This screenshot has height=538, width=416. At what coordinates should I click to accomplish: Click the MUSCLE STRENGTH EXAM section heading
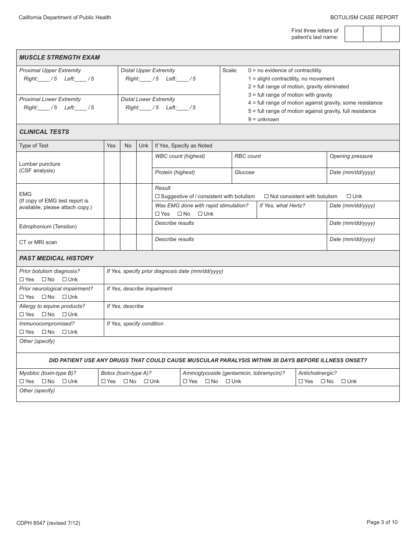click(60, 57)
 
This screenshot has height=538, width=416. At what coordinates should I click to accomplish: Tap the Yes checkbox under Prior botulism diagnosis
click(22, 279)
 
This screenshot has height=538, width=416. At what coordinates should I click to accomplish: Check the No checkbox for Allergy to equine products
click(44, 314)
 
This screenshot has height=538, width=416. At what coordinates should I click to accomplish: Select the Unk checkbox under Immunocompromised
click(64, 332)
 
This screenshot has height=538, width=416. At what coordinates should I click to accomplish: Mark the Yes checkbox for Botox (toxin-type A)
click(103, 381)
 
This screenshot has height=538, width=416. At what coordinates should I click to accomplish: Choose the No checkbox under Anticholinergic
click(323, 381)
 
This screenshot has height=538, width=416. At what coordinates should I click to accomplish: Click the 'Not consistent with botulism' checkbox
click(266, 196)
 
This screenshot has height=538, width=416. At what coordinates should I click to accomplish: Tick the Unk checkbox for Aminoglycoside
click(228, 381)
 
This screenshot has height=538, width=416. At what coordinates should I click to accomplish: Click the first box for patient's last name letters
click(354, 34)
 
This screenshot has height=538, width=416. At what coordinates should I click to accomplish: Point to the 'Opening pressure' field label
click(351, 156)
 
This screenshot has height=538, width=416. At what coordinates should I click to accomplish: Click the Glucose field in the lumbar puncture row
click(279, 175)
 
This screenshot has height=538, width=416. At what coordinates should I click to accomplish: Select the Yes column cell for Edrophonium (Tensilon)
click(112, 226)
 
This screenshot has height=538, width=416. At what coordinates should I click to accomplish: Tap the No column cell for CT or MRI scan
click(128, 242)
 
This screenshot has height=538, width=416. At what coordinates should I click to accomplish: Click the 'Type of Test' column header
click(34, 146)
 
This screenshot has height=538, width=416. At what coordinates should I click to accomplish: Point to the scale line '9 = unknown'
click(263, 119)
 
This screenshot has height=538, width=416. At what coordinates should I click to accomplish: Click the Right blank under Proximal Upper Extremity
click(43, 79)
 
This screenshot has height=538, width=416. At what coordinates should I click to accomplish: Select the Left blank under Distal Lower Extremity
click(182, 108)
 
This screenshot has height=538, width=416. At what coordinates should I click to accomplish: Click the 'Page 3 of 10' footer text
click(382, 522)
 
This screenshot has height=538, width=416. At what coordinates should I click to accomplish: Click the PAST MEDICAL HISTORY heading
click(56, 258)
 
